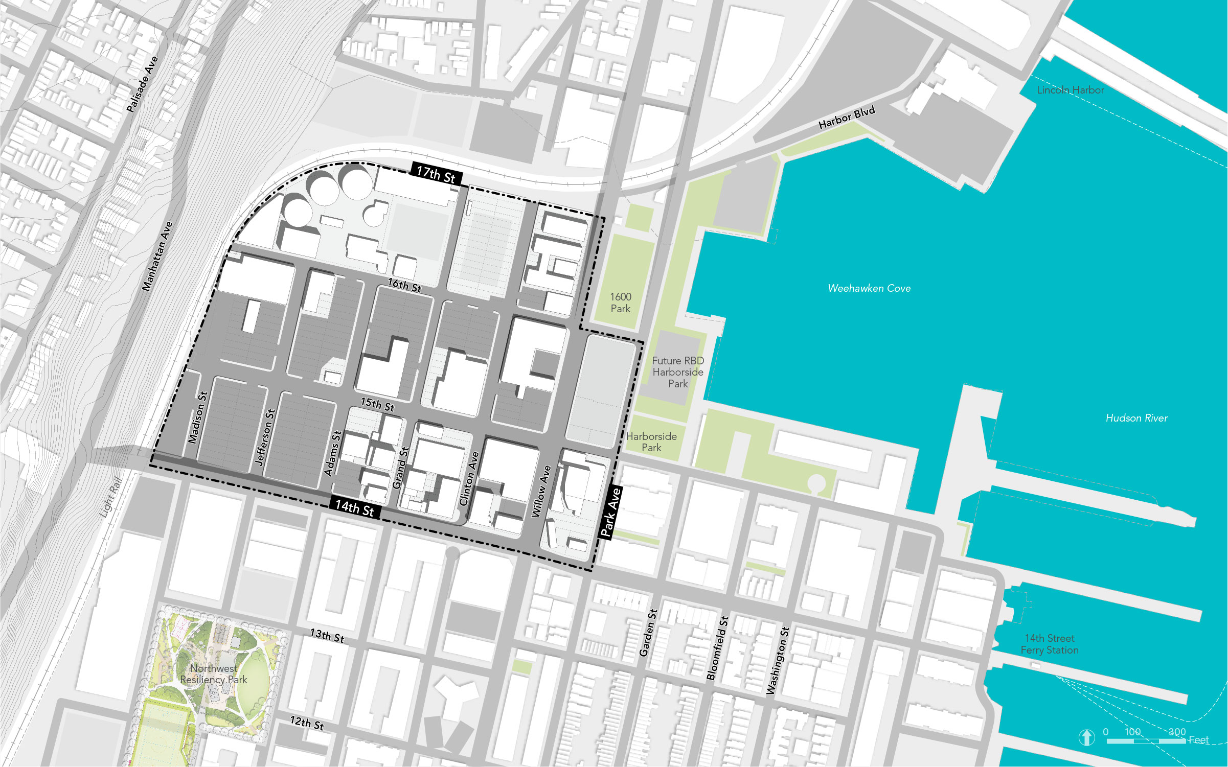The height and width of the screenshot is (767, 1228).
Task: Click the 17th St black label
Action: (436, 174)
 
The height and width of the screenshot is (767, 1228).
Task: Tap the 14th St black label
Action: (355, 507)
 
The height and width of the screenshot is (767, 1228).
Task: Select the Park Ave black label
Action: (610, 512)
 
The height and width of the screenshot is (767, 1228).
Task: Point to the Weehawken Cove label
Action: (869, 288)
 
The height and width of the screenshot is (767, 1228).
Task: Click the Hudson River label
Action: (1136, 418)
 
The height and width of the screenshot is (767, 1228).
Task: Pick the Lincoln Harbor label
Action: (1070, 90)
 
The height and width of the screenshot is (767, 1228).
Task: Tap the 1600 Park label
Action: (621, 303)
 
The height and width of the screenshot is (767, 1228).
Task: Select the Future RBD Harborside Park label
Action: (678, 372)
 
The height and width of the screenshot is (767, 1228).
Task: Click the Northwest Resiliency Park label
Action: (214, 674)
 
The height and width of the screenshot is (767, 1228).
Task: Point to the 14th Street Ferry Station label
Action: (1050, 644)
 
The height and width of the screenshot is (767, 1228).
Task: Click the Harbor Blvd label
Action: (847, 118)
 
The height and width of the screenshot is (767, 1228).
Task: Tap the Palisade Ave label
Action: (142, 84)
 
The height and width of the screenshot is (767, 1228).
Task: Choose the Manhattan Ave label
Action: (157, 257)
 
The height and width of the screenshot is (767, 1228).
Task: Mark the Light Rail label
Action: (111, 497)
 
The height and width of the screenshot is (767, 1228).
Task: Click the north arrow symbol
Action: (1086, 737)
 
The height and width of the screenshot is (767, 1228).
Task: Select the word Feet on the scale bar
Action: (1198, 739)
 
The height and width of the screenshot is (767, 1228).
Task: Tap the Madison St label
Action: (197, 417)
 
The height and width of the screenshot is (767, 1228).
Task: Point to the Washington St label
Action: (778, 660)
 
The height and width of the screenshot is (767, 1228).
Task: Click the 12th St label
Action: (307, 723)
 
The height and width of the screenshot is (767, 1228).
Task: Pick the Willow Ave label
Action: (541, 491)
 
